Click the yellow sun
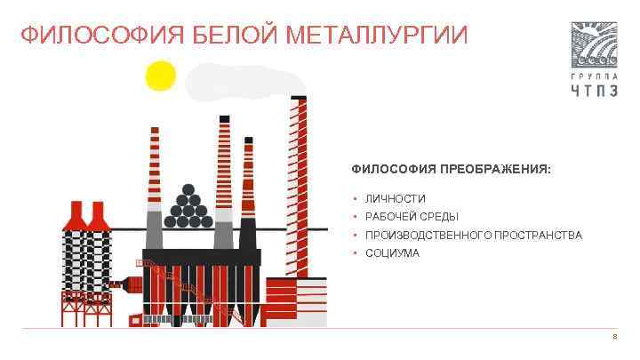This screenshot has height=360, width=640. [161, 76]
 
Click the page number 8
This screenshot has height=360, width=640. [613, 338]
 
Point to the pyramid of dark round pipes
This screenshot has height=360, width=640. [188, 206]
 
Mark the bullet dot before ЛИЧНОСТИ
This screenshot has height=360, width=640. [355, 198]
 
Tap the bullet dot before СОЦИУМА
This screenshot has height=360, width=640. [355, 253]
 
